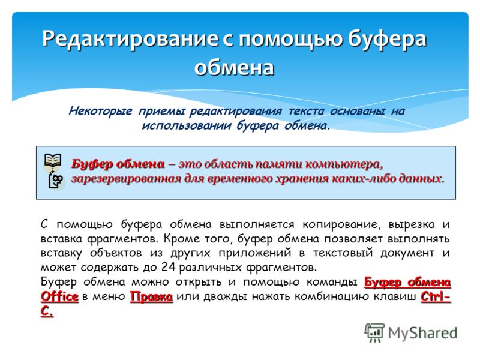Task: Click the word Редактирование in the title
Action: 130,40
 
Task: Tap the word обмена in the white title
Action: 234,67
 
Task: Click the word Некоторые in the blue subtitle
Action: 100,111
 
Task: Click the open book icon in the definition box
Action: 53,161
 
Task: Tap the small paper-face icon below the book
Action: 56,181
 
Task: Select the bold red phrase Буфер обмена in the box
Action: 118,164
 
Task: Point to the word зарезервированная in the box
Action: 126,179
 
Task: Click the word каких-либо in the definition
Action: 362,178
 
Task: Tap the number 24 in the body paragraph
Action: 169,267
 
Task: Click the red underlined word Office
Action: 59,296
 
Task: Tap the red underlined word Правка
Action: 151,296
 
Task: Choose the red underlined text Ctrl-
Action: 436,296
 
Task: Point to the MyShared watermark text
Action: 423,334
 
